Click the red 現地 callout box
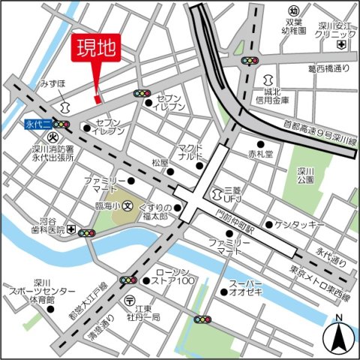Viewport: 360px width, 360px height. (96, 49)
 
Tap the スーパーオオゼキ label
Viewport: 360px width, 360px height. (246, 288)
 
